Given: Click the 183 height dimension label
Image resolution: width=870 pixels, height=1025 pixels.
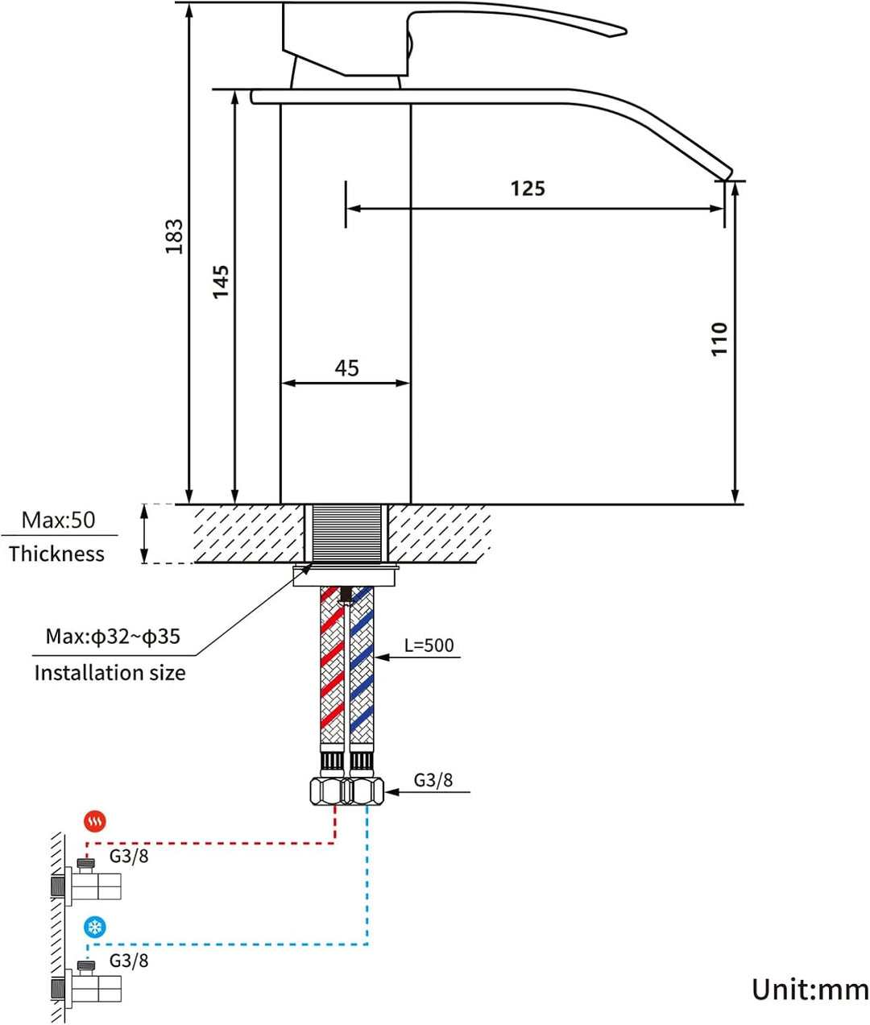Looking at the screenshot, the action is point(174,237).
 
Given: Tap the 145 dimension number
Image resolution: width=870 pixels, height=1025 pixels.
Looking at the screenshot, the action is point(221,282).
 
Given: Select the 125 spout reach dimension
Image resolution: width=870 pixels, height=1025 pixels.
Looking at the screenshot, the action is point(528,189).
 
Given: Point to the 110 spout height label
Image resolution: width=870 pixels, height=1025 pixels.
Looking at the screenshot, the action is point(719,339).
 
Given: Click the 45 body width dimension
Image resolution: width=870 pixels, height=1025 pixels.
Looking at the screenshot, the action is point(346,368).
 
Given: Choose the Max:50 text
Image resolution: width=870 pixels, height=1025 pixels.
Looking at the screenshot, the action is point(59,520).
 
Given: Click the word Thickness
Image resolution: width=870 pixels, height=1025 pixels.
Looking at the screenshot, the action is point(56,554).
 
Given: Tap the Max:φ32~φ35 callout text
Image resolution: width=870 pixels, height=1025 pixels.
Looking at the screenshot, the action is point(113,637).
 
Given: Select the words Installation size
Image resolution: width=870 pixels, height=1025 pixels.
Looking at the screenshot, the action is point(110,673).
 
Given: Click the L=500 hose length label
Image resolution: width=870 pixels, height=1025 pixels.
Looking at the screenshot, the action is point(429,645).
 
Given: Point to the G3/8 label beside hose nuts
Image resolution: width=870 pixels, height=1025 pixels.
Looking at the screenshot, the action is point(433,780).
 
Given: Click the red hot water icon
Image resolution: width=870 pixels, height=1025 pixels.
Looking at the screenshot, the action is point(95,822).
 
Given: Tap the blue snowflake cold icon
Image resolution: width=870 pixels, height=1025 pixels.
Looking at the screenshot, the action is point(95,927).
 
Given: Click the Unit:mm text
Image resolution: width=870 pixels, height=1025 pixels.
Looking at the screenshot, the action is point(810,990).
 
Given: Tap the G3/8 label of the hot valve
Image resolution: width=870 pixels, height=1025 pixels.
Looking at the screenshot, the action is point(129,856).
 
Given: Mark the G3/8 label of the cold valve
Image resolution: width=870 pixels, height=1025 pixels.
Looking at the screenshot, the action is point(129,961).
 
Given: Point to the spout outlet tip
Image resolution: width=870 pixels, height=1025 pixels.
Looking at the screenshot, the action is point(727,175).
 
